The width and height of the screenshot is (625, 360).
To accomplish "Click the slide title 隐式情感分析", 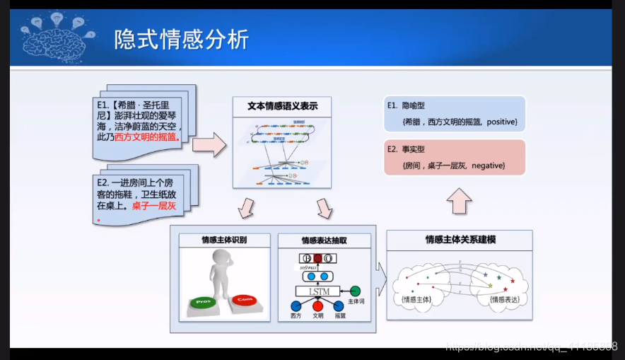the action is click(182, 39).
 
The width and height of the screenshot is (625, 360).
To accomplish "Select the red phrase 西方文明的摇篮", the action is click(148, 136).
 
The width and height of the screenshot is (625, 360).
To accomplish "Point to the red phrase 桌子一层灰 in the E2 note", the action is click(153, 206).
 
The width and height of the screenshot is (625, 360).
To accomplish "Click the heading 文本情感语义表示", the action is click(282, 106).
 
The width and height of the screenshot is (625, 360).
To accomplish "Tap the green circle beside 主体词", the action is click(356, 291).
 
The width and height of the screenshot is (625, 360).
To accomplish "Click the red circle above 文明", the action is click(318, 306).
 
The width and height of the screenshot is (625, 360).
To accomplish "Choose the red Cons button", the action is click(245, 300).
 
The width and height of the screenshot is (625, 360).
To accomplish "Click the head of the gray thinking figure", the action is click(221, 260).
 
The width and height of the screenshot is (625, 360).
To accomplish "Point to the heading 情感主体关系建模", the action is click(460, 240).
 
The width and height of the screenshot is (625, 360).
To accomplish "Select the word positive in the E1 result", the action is click(503, 122).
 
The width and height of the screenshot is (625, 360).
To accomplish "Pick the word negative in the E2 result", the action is click(488, 165).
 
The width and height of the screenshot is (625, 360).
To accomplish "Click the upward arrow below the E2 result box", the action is click(459, 202).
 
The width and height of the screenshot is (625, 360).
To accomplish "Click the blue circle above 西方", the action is click(296, 306).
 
